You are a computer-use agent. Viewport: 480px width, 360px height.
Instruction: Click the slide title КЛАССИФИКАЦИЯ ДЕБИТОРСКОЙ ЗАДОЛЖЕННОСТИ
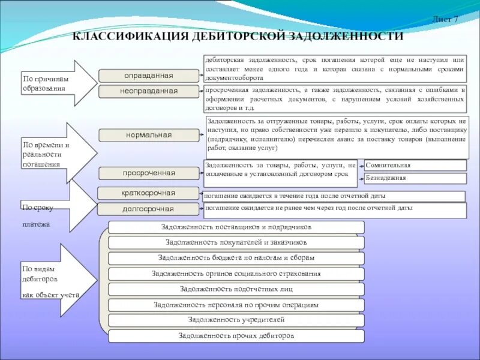tap(238, 37)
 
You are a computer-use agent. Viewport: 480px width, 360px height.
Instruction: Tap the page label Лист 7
tap(445, 19)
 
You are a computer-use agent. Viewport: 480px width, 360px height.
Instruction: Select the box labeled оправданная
tap(148, 76)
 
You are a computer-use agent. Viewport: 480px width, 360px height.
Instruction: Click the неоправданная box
tap(148, 91)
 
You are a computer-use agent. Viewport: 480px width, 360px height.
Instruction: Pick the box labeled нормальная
tap(148, 135)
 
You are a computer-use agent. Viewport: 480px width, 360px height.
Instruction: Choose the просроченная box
tap(148, 173)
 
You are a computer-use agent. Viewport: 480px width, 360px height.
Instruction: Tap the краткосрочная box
tap(148, 193)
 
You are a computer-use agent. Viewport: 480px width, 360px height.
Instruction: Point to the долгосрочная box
tap(148, 209)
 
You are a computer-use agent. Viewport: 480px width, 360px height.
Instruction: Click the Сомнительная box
tap(415, 165)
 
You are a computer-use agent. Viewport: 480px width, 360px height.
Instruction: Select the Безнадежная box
tap(415, 178)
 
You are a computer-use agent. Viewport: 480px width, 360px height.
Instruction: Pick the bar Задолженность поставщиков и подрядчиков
tap(236, 227)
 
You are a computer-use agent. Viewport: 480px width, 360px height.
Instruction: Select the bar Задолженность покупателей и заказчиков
tap(236, 242)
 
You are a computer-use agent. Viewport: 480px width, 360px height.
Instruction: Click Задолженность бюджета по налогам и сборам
tap(236, 258)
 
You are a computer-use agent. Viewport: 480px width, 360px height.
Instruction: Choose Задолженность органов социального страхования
tap(236, 274)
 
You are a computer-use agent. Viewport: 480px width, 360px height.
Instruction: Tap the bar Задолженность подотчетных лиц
tap(236, 289)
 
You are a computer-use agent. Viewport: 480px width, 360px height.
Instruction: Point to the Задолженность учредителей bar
tap(236, 320)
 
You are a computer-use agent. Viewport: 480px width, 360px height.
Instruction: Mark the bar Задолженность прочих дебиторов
tap(236, 336)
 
